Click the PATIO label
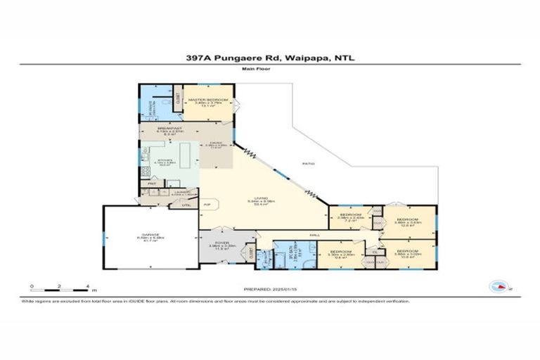[x=308, y=163]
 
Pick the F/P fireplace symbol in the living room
[x=207, y=204]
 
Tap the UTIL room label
[x=186, y=205]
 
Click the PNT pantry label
[x=150, y=184]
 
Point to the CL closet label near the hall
[x=375, y=251]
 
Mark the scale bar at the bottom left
[x=62, y=288]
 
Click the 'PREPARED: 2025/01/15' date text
[x=270, y=289]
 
